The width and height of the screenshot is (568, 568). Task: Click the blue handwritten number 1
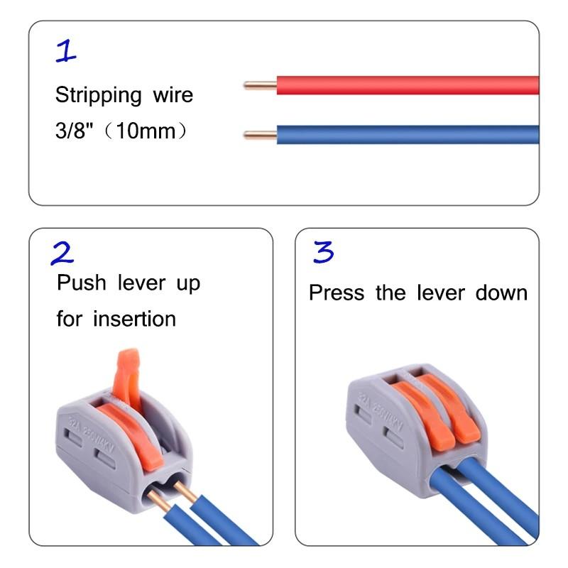[65, 50]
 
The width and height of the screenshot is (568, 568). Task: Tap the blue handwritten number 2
[62, 253]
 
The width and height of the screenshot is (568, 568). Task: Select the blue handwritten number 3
[323, 252]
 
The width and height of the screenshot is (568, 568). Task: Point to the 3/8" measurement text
[73, 132]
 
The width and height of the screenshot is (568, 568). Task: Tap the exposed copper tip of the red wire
[259, 86]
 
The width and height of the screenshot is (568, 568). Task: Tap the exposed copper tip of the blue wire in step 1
[259, 134]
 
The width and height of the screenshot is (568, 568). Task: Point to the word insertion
[134, 319]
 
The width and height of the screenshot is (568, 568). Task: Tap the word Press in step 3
[338, 293]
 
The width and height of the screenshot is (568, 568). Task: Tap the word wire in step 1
[171, 95]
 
